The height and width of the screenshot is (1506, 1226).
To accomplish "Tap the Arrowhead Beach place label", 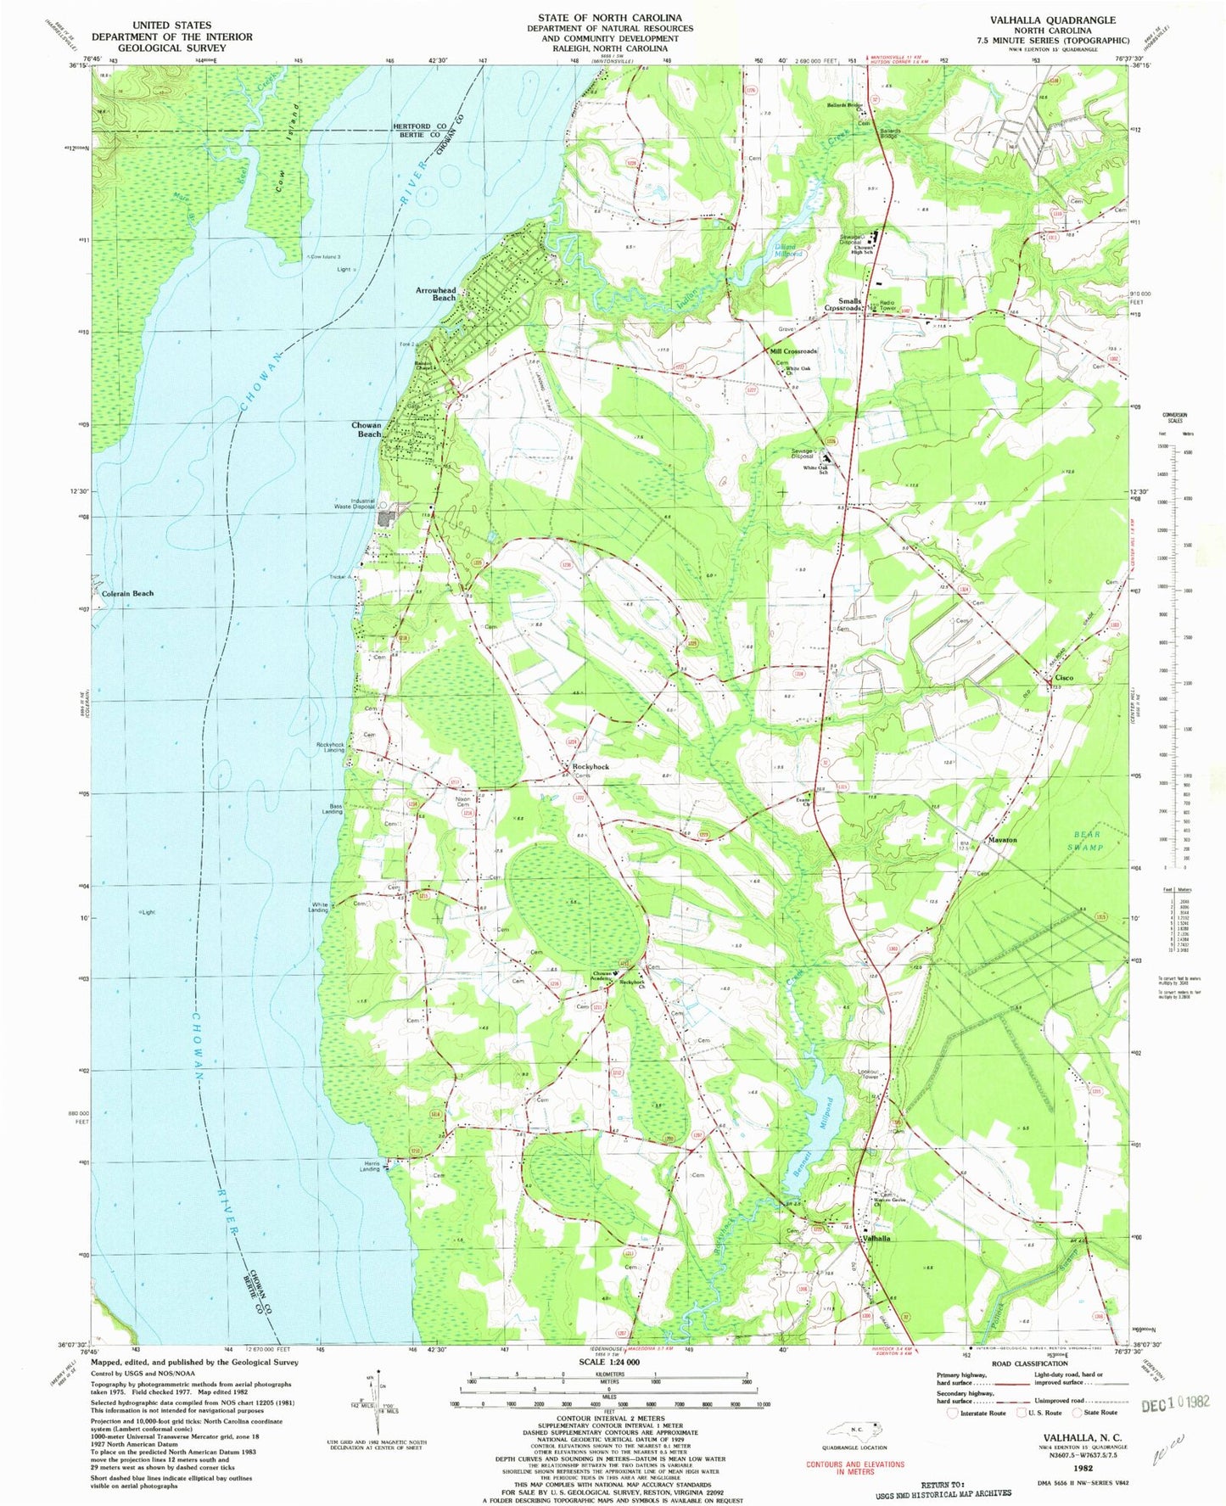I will (x=435, y=294).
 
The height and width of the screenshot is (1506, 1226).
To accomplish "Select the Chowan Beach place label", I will (x=367, y=428).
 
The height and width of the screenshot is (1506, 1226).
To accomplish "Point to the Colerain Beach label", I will (x=127, y=593).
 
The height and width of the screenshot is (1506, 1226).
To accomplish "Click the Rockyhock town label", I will (x=585, y=766).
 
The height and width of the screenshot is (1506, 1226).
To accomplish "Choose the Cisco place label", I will (x=1064, y=677).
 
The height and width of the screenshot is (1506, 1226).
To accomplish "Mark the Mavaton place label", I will (x=1002, y=840).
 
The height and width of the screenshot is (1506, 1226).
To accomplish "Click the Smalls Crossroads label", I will (x=844, y=305).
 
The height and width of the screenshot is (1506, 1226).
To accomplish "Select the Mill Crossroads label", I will (x=793, y=350).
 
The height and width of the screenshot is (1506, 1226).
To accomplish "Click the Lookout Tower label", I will (x=868, y=1073).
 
